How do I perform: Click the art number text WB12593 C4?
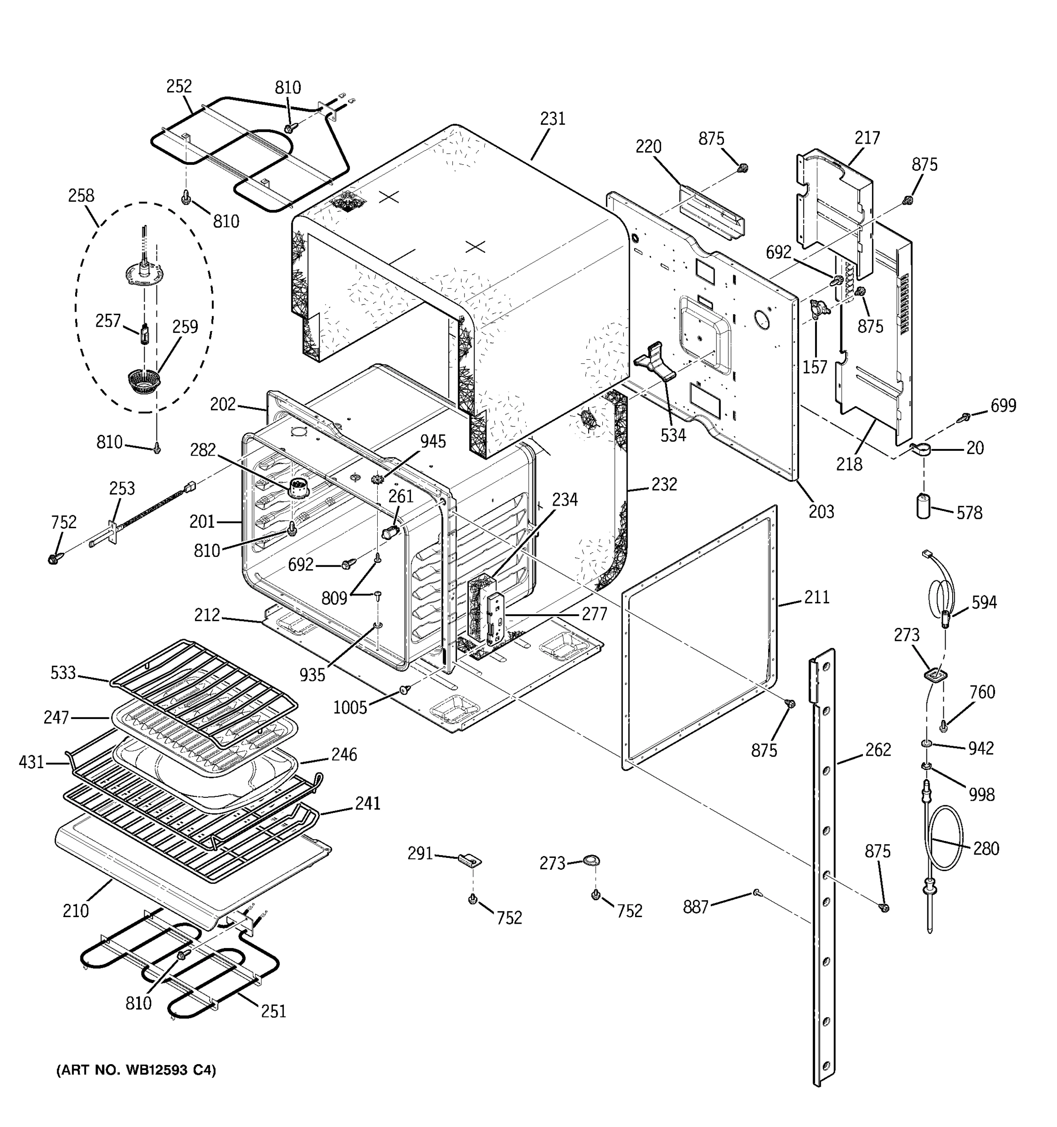coord(136,1070)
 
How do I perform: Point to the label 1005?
coord(350,708)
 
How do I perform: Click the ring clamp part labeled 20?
coord(922,451)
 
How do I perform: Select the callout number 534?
coord(673,435)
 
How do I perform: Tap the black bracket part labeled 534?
coord(655,362)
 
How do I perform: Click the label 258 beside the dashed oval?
coord(81,195)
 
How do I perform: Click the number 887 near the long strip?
coord(696,907)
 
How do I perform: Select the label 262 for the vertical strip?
coord(878,749)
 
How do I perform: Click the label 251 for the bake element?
coord(273,1011)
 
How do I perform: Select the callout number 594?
coord(984,602)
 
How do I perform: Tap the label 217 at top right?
coord(867,138)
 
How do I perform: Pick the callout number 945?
coord(433,441)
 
